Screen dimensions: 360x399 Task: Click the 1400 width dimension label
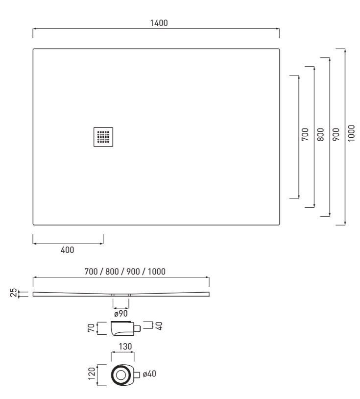pos(159,23)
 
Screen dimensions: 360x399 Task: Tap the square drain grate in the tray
pos(103,137)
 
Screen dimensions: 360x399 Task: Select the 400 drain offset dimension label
pos(68,250)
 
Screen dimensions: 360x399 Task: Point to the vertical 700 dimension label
pos(305,134)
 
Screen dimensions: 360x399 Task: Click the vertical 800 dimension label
pos(321,134)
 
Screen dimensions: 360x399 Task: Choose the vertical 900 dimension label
pos(336,134)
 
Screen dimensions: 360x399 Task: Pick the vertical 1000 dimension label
pos(351,133)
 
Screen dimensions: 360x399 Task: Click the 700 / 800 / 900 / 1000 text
pos(125,272)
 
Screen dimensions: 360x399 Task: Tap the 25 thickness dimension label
pos(13,293)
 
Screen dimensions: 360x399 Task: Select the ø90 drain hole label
pos(121,314)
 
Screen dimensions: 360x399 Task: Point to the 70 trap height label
pos(91,328)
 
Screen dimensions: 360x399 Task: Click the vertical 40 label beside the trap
pos(159,326)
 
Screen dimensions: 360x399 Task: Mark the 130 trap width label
pos(125,347)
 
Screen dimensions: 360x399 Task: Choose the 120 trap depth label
pos(92,374)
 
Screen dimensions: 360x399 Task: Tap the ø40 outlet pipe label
pos(149,374)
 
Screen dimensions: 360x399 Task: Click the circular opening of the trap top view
pos(120,375)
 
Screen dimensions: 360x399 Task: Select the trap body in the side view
pos(122,328)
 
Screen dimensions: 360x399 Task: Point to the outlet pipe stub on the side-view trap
pos(137,328)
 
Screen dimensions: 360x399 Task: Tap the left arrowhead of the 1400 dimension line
pos(34,29)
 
